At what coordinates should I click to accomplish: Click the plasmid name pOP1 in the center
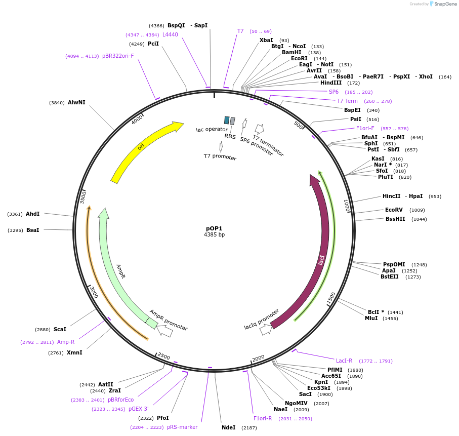coord(214,228)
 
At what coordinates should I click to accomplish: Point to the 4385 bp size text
coord(214,235)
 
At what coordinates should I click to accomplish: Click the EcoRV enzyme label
coord(394,210)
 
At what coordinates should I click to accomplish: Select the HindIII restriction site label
coord(331,83)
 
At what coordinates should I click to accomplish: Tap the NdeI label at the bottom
coord(228,427)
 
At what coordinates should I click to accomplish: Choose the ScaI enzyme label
coord(60,329)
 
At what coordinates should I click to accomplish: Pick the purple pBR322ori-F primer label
coord(118,56)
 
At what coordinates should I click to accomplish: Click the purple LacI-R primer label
coord(344,361)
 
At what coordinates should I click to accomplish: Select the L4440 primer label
coord(170,34)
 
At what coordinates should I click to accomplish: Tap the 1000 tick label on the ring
coord(347,206)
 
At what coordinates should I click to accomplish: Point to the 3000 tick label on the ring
coord(94,292)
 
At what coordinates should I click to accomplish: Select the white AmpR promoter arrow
coord(165,331)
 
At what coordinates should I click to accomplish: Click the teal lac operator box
coord(227,120)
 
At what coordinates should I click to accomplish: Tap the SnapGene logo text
coord(445,4)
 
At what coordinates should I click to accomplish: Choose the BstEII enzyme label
coord(390,276)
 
